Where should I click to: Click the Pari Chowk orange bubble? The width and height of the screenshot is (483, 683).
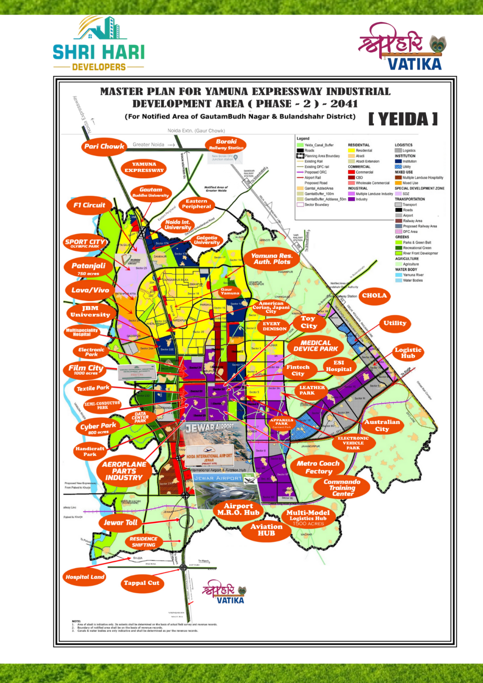[x=104, y=147]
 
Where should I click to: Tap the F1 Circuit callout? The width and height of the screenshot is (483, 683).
[x=89, y=205]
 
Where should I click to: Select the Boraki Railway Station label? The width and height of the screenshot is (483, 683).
[x=226, y=144]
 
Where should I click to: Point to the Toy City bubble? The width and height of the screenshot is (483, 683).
[x=309, y=322]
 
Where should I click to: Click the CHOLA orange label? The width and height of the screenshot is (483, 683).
[x=374, y=296]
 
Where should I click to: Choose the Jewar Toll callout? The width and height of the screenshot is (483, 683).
[x=120, y=522]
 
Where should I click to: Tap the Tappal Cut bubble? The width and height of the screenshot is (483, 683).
[x=141, y=583]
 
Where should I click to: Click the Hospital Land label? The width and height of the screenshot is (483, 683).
[x=85, y=577]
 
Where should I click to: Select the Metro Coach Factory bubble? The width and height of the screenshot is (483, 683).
[x=318, y=467]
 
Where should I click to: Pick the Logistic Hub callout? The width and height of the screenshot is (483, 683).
[x=408, y=353]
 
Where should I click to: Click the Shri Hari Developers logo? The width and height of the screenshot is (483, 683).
[x=99, y=44]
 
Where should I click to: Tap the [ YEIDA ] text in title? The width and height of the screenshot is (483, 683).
[x=403, y=119]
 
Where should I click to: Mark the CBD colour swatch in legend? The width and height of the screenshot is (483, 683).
[x=351, y=178]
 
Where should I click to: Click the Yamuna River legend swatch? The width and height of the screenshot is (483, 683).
[x=398, y=275]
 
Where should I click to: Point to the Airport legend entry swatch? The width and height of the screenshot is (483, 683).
[x=398, y=215]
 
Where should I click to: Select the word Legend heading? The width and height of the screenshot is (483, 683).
[x=303, y=139]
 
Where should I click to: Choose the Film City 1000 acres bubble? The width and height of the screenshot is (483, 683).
[x=86, y=370]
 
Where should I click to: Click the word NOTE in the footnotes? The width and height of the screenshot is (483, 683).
[x=76, y=621]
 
